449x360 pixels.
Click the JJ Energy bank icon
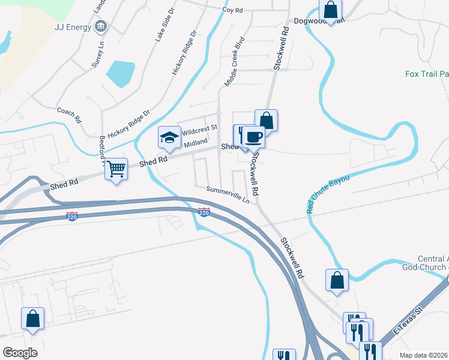tap(101, 26)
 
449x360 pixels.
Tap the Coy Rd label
tap(232, 10)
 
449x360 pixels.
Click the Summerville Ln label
tap(228, 194)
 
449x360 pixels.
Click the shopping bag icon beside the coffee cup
tap(266, 120)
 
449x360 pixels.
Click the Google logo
tap(19, 352)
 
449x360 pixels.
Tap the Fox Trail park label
tap(427, 74)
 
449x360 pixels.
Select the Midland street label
tap(195, 143)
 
